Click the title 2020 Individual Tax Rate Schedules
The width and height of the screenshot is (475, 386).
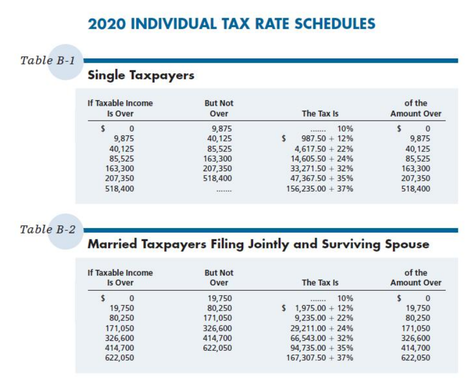tap(232, 24)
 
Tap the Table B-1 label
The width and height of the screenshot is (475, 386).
tap(47, 60)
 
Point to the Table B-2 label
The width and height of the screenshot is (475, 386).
tap(47, 229)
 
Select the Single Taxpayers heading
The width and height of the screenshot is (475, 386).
tap(141, 75)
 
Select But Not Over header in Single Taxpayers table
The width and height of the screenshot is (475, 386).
tap(218, 108)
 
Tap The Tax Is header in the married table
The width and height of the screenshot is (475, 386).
tap(320, 283)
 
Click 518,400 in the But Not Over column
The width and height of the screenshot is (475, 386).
tap(218, 178)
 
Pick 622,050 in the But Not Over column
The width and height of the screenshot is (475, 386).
tap(218, 347)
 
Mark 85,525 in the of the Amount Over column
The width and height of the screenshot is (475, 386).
tap(418, 158)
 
